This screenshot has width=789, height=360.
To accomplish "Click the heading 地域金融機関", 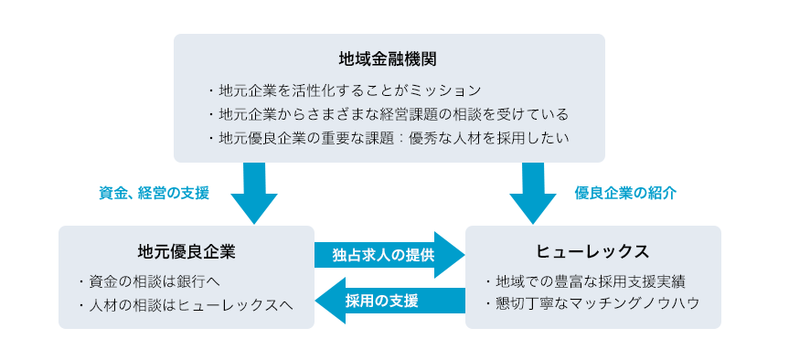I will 388,59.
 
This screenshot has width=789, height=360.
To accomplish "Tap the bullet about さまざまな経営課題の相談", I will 388,114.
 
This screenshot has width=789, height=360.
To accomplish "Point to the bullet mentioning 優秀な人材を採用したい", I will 388,138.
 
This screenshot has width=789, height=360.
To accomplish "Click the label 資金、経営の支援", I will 155,194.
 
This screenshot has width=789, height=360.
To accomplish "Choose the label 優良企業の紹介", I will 625,194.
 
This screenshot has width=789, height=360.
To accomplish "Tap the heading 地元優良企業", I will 186,250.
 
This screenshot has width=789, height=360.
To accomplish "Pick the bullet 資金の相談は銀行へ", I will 149,280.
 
